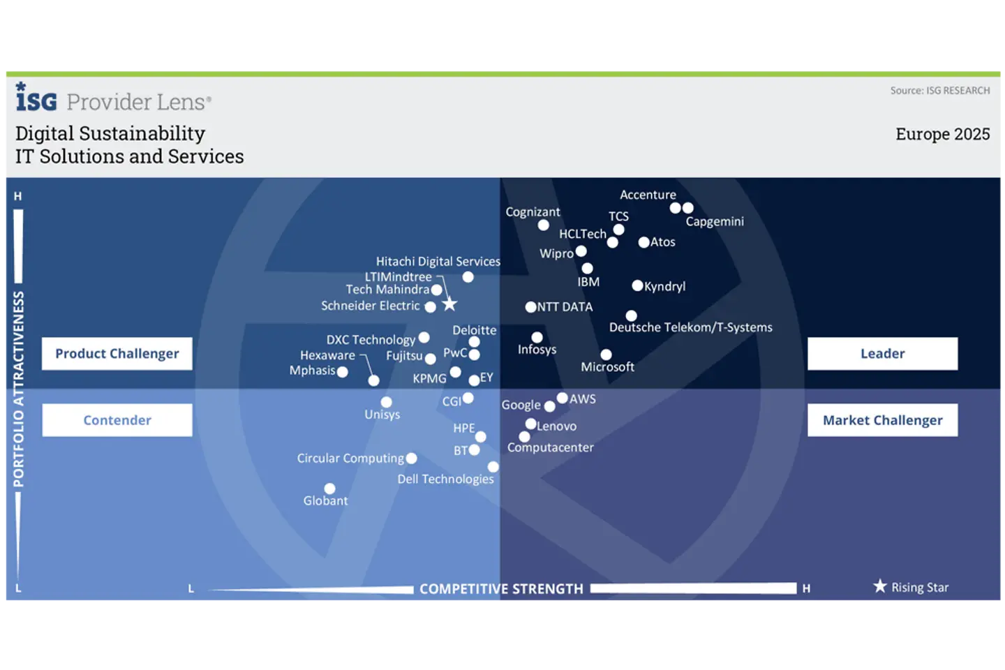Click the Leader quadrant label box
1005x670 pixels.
882,354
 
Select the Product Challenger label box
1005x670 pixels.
117,354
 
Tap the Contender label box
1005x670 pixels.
117,420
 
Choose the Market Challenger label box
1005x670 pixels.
882,420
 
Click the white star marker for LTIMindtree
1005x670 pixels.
449,305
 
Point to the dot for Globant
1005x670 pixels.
329,489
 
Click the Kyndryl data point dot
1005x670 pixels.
637,285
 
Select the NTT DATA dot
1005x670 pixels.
530,307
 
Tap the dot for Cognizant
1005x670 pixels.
543,225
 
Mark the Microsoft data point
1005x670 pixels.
606,355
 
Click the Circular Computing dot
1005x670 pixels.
412,459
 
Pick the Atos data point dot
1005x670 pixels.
643,242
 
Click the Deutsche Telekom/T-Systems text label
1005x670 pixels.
690,327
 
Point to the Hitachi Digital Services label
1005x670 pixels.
438,262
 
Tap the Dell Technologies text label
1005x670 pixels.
445,479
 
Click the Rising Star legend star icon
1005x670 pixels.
880,586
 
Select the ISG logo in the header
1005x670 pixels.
36,96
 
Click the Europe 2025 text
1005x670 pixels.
943,134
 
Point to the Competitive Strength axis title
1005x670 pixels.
501,589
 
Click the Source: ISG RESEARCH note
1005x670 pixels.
940,91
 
